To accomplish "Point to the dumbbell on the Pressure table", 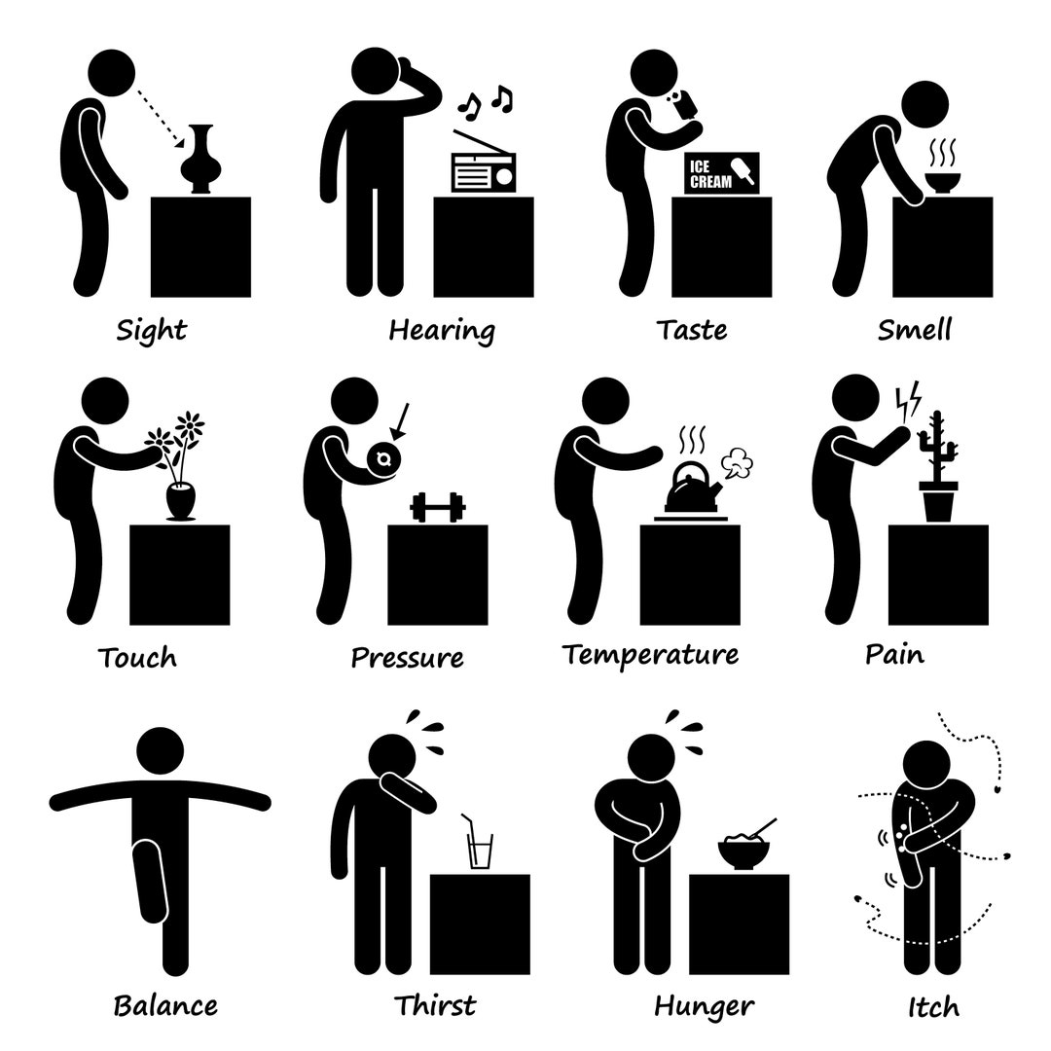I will tap(438, 507).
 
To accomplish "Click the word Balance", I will tap(165, 1004).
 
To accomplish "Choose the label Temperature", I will tap(650, 655).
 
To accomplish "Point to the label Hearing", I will tap(442, 330).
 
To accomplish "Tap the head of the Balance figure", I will tap(162, 754).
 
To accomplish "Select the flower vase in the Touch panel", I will tap(181, 499).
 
